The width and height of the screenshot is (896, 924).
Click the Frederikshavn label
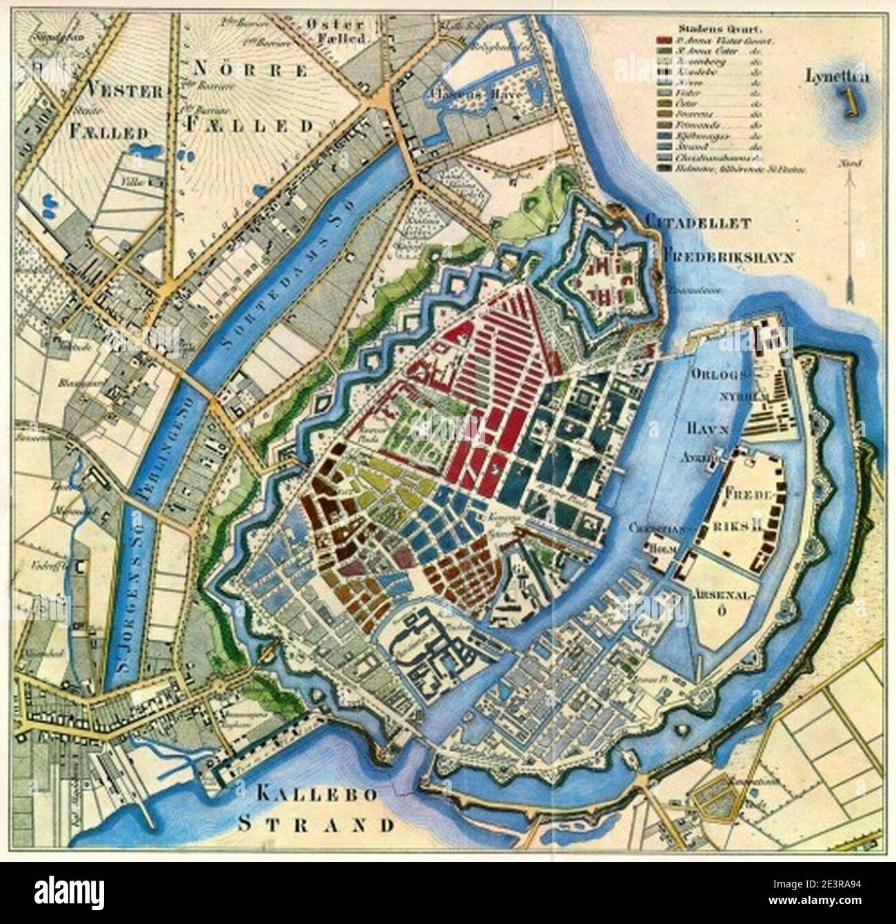[729, 254]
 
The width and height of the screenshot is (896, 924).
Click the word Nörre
[249, 70]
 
